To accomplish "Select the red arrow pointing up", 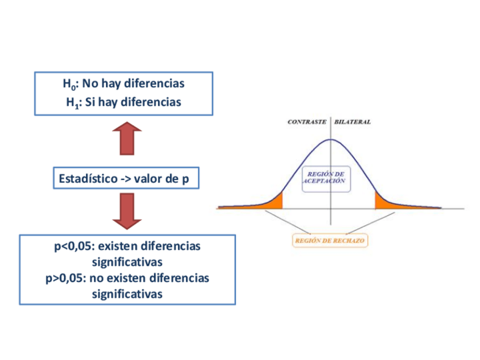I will (x=123, y=138).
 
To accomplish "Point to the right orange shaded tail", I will (x=384, y=202).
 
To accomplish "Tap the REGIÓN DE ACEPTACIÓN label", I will (x=323, y=177).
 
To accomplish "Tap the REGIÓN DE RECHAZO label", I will (x=330, y=241).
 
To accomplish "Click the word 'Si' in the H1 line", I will (x=89, y=102).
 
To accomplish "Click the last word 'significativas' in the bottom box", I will (x=127, y=294).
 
